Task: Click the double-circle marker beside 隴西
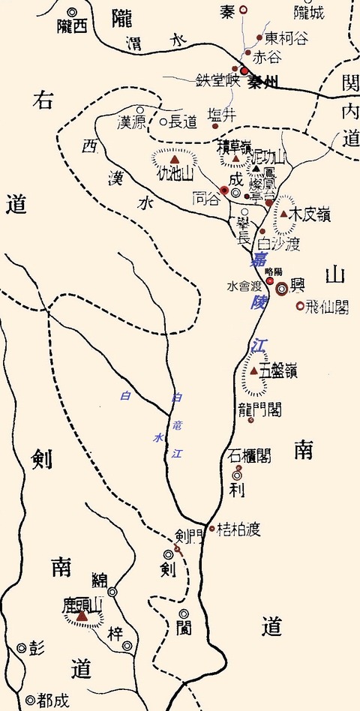[73, 12]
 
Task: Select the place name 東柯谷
[285, 37]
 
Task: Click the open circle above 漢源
[140, 109]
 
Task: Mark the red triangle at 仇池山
[175, 160]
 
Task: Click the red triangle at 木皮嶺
[284, 214]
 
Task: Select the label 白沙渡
[278, 244]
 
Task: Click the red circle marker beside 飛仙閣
[300, 305]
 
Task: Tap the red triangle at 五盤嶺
[254, 371]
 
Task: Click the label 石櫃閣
[250, 455]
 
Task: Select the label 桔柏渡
[238, 529]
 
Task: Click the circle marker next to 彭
[21, 648]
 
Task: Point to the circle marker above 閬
[184, 613]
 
